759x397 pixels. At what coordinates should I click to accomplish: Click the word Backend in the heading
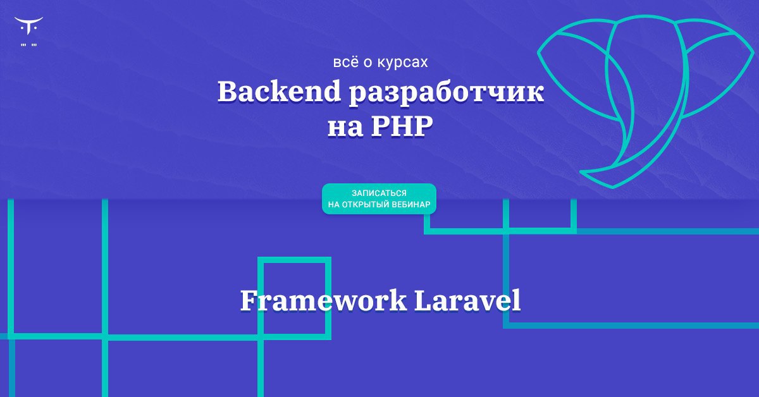tap(279, 91)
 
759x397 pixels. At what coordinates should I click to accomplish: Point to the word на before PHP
tap(345, 130)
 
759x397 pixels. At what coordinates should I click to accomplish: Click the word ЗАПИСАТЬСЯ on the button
tap(379, 193)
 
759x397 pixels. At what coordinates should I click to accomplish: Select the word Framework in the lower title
tap(324, 300)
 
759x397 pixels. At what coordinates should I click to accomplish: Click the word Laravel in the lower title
tap(467, 300)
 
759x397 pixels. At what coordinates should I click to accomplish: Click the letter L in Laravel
tap(424, 300)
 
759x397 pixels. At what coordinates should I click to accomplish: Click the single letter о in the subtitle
tap(368, 63)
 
